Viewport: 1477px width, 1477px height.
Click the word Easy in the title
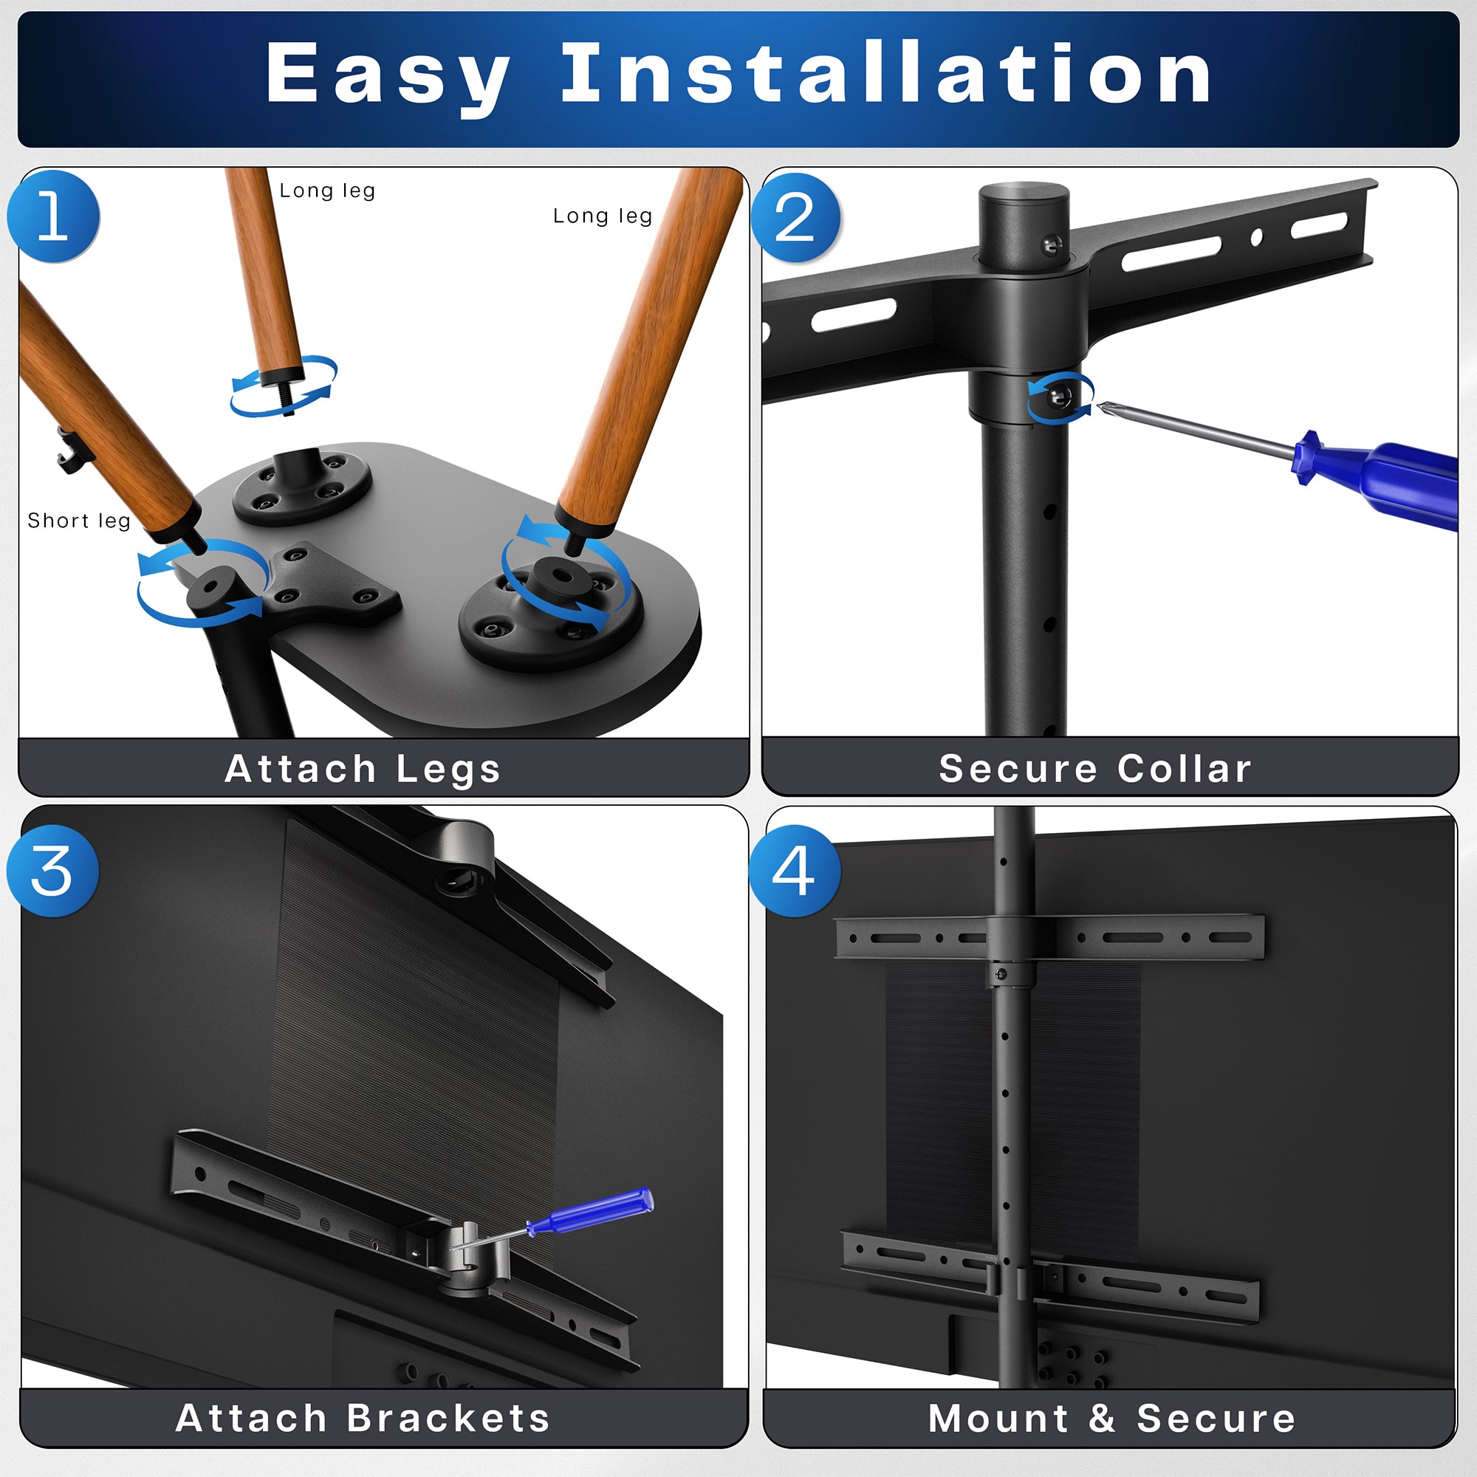tap(388, 74)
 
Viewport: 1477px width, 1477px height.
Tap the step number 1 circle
tap(53, 216)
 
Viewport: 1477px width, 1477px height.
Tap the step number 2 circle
tap(795, 218)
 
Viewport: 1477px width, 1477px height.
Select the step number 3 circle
tap(52, 871)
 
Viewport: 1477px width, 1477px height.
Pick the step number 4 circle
tap(795, 871)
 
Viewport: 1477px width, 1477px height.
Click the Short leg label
tap(79, 521)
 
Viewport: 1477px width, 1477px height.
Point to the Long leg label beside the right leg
tap(603, 216)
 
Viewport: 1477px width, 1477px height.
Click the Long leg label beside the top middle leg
tap(327, 191)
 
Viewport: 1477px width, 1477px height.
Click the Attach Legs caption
tap(363, 768)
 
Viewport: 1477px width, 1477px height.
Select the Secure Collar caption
tap(1094, 768)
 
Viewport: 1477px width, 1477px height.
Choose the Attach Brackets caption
tap(363, 1418)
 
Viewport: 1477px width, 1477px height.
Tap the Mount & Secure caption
tap(1111, 1418)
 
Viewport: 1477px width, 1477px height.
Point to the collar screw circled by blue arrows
tap(1060, 396)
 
